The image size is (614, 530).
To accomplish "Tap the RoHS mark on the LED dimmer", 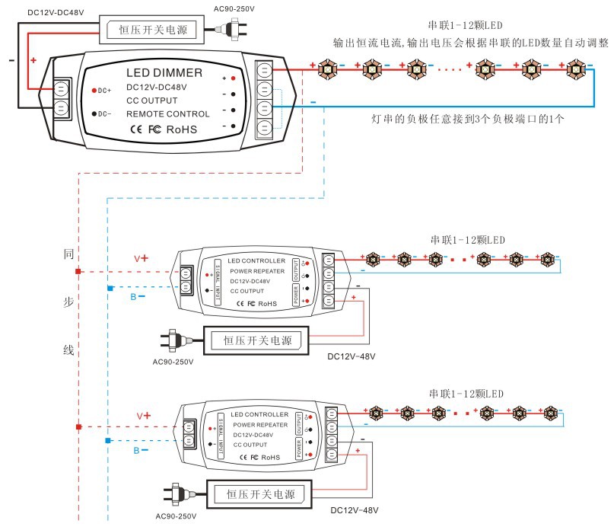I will [x=181, y=130].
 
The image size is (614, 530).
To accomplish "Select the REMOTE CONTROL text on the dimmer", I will [x=167, y=113].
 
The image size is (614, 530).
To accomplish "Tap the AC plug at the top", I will [x=227, y=30].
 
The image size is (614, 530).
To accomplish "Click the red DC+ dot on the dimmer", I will [x=94, y=91].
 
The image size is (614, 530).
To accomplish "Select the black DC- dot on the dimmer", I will [x=94, y=114].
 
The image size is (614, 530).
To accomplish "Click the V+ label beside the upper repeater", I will [x=141, y=259].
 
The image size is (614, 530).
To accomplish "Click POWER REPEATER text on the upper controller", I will [x=256, y=270].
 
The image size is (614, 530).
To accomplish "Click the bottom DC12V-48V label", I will [x=353, y=509].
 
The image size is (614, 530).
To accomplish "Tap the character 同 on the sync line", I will [x=68, y=254].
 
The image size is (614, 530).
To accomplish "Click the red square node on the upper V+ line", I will [x=78, y=271].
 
